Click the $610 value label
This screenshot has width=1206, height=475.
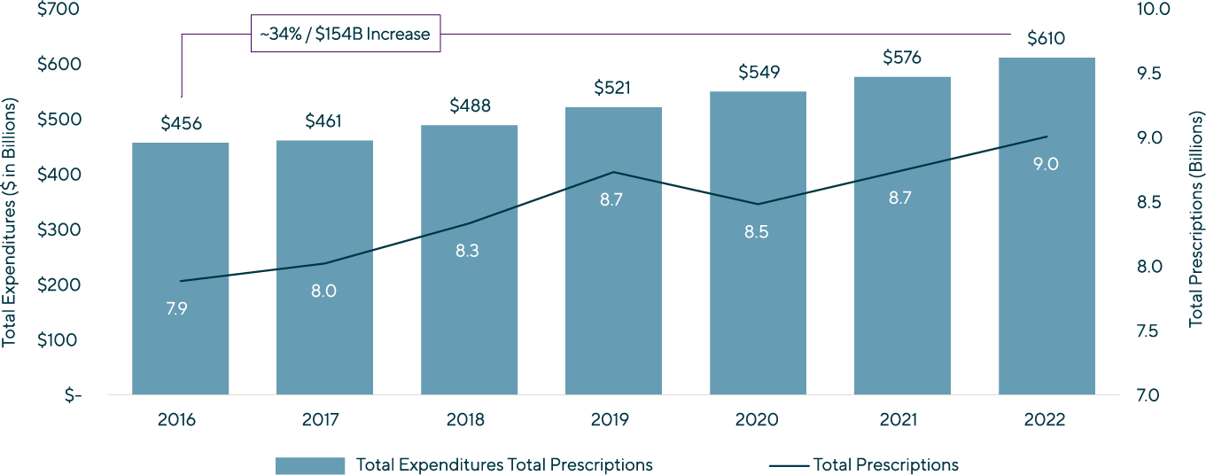click(1046, 39)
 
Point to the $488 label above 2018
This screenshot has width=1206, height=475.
click(470, 106)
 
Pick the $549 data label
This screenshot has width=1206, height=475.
click(759, 73)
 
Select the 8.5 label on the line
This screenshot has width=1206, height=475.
click(758, 233)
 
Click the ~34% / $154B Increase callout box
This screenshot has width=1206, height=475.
click(345, 35)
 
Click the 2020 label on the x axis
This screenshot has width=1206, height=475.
click(759, 420)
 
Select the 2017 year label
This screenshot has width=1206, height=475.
click(324, 420)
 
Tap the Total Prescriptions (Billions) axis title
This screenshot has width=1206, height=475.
click(1196, 218)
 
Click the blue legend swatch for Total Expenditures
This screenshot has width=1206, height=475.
click(310, 465)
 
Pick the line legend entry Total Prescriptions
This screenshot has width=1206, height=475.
click(885, 465)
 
